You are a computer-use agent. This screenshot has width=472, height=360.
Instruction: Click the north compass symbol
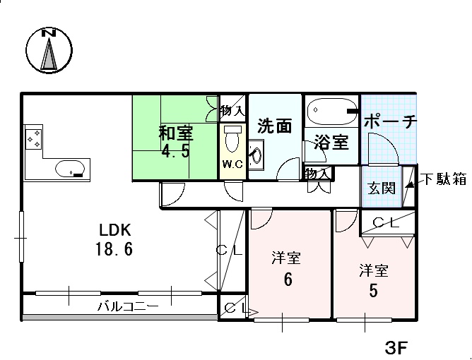pyautogui.click(x=49, y=50)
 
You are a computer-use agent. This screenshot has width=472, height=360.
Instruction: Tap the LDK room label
pyautogui.click(x=115, y=230)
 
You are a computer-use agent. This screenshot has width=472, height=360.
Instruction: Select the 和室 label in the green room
pyautogui.click(x=176, y=133)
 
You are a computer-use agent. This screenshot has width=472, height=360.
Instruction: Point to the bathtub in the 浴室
pyautogui.click(x=332, y=111)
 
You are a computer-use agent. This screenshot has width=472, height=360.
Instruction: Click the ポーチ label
pyautogui.click(x=391, y=121)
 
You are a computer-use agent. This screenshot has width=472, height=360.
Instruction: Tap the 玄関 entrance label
pyautogui.click(x=382, y=188)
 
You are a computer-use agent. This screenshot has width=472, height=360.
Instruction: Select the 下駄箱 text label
pyautogui.click(x=443, y=179)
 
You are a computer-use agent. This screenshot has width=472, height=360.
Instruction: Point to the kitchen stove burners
pyautogui.click(x=33, y=139)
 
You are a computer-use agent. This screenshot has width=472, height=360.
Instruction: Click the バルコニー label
pyautogui.click(x=128, y=306)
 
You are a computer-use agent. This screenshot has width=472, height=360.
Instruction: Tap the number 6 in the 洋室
pyautogui.click(x=288, y=280)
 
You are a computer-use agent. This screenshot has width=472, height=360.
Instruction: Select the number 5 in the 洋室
pyautogui.click(x=373, y=291)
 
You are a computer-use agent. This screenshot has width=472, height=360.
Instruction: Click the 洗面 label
pyautogui.click(x=274, y=126)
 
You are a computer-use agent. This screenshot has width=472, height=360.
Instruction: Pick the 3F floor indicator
pyautogui.click(x=396, y=348)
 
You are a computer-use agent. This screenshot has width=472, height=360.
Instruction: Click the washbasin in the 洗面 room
pyautogui.click(x=256, y=155)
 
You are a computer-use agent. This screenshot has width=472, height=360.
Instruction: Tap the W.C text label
pyautogui.click(x=232, y=164)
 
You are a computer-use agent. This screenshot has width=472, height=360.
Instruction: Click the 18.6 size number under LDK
pyautogui.click(x=114, y=249)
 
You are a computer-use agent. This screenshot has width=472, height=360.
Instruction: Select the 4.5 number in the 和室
pyautogui.click(x=175, y=150)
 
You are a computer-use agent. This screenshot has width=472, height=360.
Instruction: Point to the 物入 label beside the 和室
pyautogui.click(x=232, y=111)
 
